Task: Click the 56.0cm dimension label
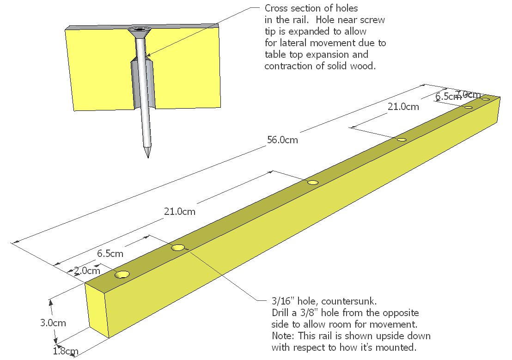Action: click(282, 140)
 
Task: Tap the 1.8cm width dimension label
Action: click(65, 351)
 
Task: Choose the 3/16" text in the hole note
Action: click(283, 301)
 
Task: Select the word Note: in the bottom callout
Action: click(283, 336)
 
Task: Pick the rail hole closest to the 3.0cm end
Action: click(122, 275)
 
